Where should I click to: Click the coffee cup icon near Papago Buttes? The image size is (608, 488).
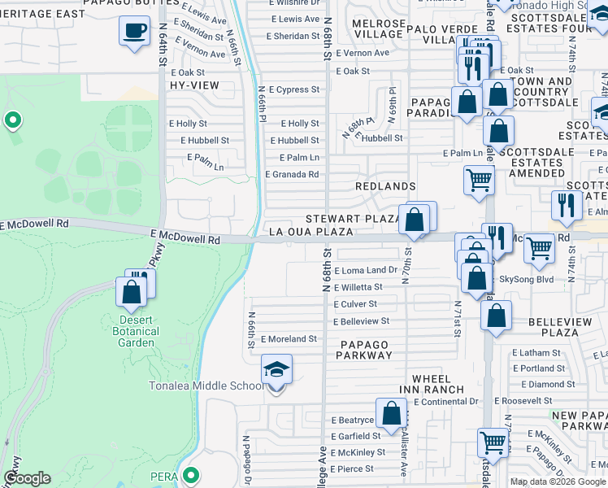134,31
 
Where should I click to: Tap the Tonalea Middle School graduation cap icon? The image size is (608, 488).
276,370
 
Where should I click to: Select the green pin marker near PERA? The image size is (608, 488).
192,475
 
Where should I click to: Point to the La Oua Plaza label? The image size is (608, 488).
311,232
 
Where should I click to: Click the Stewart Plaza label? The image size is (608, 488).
352,219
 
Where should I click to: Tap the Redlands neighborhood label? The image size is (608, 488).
385,186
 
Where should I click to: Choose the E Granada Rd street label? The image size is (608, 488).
292,174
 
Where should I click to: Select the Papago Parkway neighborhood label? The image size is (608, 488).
364,351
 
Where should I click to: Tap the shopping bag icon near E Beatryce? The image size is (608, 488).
391,412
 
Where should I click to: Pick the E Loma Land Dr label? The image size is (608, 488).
365,270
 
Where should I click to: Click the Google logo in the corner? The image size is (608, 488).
28,478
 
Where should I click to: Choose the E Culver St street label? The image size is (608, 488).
357,304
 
